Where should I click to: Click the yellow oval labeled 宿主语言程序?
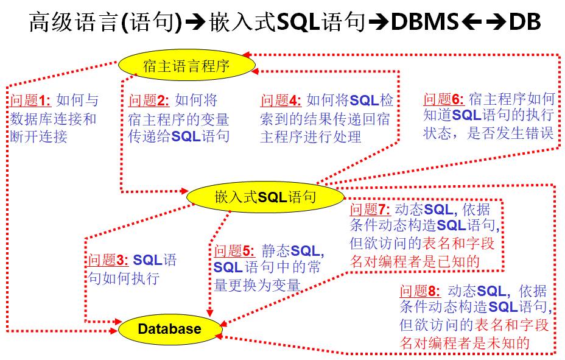point(186,65)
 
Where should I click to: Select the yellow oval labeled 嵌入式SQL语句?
point(265,197)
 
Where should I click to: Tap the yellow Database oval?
point(169,329)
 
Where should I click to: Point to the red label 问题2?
point(150,101)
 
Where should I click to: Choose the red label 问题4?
point(281,101)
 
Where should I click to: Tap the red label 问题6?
point(444,99)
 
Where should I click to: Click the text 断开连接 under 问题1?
point(39,136)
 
